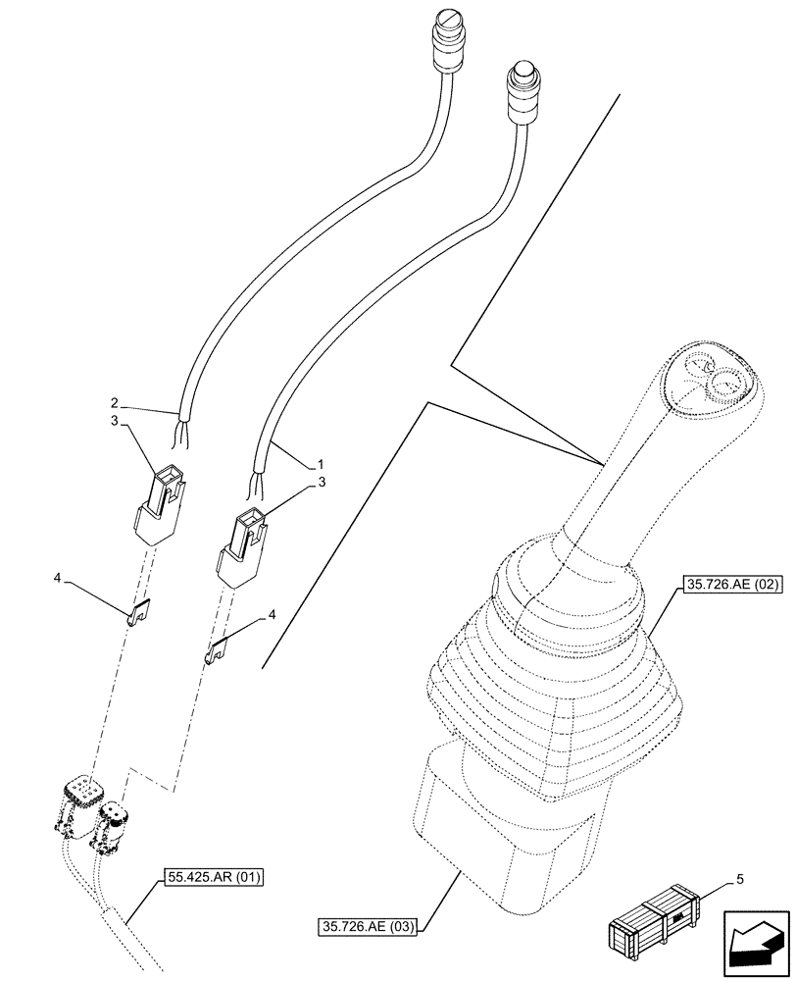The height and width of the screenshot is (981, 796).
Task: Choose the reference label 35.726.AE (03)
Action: pyautogui.click(x=368, y=925)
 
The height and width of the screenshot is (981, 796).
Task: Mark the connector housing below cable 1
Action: pyautogui.click(x=242, y=547)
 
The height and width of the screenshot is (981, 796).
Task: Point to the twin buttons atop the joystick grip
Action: pyautogui.click(x=713, y=379)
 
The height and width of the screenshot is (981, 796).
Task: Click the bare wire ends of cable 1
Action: pyautogui.click(x=258, y=483)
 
